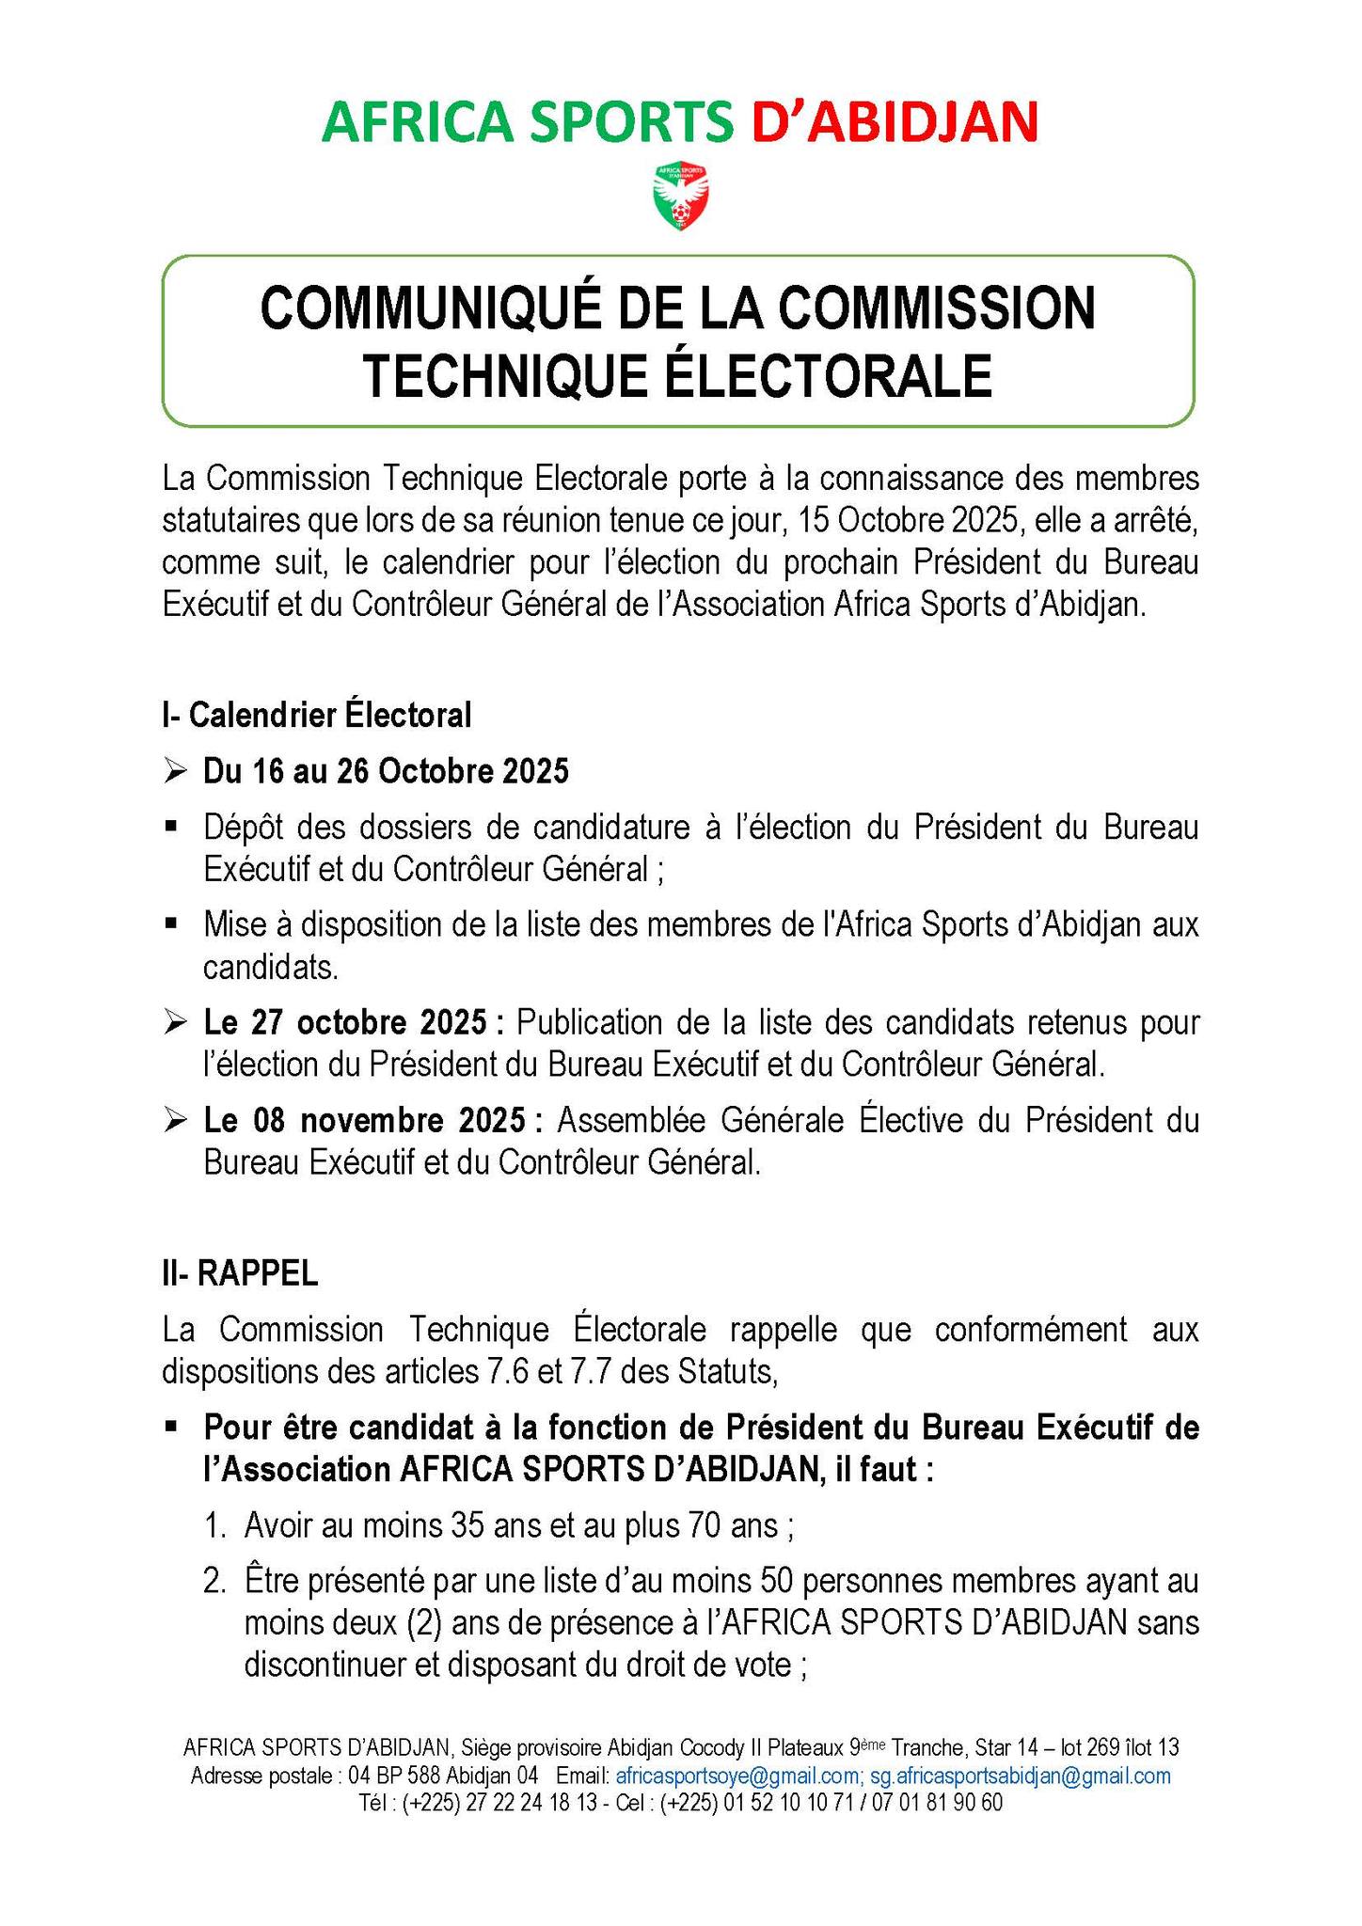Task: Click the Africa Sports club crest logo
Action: click(x=680, y=197)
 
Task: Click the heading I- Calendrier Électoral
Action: click(x=316, y=716)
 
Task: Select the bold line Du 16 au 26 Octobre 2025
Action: click(x=386, y=772)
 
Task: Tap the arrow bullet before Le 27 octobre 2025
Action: click(x=175, y=1021)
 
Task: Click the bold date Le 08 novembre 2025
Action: click(x=365, y=1122)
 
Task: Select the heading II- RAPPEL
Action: click(x=240, y=1273)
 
